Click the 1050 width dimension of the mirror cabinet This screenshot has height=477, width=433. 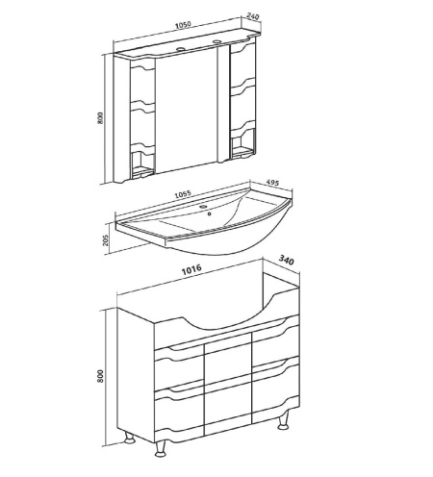tap(184, 25)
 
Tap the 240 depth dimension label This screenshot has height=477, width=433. tap(253, 16)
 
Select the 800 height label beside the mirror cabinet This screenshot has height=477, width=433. tap(100, 118)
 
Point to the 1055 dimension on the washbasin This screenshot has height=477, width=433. tap(183, 194)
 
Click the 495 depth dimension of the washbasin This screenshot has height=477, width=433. tap(272, 183)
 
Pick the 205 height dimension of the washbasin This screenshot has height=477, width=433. tap(106, 240)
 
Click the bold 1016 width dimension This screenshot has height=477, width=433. tap(191, 269)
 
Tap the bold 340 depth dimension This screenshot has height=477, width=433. tap(286, 260)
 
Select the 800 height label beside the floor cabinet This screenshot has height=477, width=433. tap(100, 376)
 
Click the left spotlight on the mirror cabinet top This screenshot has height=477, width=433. tap(180, 49)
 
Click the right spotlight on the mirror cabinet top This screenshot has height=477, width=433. tap(217, 41)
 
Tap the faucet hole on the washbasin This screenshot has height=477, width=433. tap(203, 207)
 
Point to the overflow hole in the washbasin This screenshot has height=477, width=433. tap(210, 213)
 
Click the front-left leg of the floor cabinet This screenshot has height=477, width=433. tap(161, 448)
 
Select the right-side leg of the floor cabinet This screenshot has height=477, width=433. tap(284, 420)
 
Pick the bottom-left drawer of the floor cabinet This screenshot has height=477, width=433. tap(179, 412)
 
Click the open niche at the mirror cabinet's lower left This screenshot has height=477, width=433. tap(142, 163)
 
